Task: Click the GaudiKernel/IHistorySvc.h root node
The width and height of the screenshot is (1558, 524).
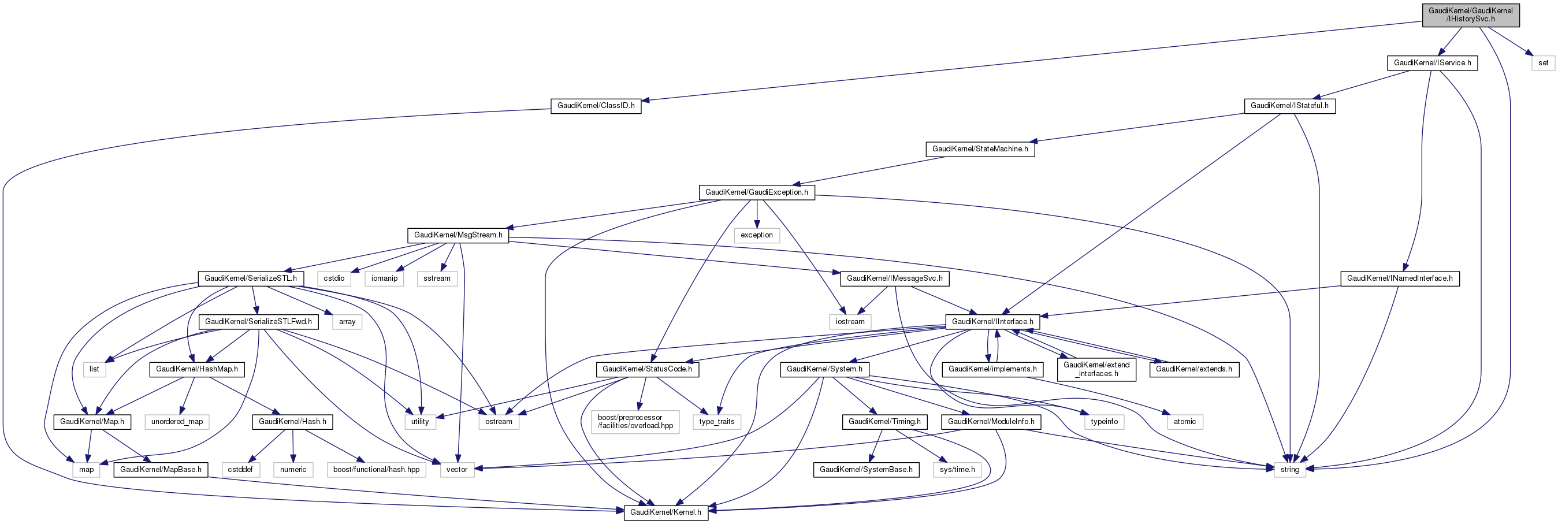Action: pos(1470,15)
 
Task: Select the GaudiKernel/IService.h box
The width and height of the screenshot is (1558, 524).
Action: pos(1431,63)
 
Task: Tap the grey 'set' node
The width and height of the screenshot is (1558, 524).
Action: pos(1543,63)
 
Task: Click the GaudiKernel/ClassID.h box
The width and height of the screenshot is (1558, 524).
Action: pos(596,106)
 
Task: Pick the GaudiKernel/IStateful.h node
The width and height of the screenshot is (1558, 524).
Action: pos(1289,106)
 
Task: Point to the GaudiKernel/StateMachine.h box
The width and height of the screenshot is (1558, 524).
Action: pos(980,149)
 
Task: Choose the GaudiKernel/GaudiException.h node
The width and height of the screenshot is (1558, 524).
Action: pos(756,192)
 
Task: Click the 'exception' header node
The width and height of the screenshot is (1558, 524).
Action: pos(757,235)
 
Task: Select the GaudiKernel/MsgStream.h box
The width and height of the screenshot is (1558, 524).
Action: pos(458,235)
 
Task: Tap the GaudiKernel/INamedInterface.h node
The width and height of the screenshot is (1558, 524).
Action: pos(1400,278)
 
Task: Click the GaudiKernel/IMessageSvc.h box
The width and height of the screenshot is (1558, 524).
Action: pos(894,278)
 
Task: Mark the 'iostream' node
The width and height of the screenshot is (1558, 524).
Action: pos(850,322)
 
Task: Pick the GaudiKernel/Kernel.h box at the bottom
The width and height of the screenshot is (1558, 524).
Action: pos(665,512)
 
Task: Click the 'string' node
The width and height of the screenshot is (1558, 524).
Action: pos(1289,470)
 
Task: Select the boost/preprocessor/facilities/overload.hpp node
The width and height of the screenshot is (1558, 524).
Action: pos(635,422)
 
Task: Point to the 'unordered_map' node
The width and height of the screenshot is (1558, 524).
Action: pos(177,422)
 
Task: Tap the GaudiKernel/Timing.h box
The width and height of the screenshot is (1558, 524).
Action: pos(884,422)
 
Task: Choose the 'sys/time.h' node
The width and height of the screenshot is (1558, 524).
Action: pos(957,470)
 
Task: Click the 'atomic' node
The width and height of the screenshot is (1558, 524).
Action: pos(1184,422)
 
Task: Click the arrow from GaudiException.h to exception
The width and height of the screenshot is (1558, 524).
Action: pos(757,214)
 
